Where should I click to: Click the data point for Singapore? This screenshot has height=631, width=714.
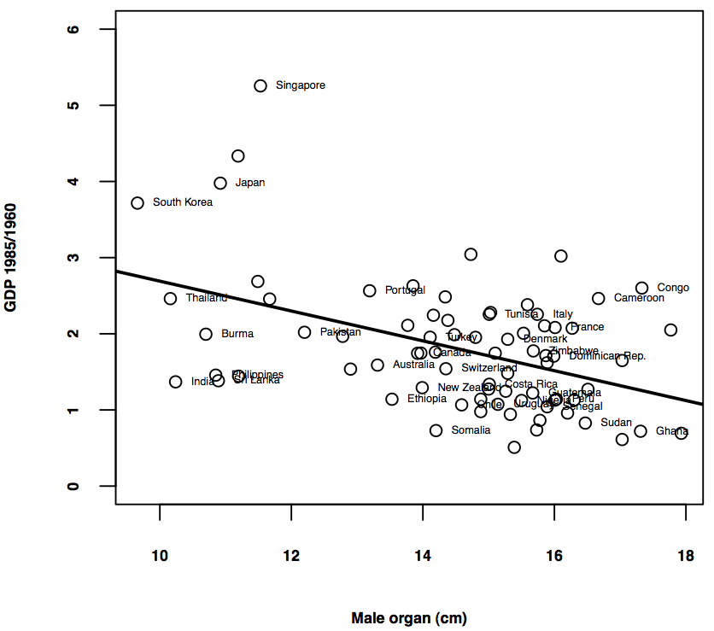pyautogui.click(x=260, y=85)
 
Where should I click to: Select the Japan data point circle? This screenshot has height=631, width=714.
pyautogui.click(x=220, y=183)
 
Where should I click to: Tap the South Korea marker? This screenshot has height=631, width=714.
pyautogui.click(x=138, y=202)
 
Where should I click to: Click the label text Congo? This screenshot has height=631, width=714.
pyautogui.click(x=673, y=288)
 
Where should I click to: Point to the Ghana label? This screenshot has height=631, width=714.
pyautogui.click(x=671, y=431)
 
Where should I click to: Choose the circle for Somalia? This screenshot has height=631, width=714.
pyautogui.click(x=436, y=430)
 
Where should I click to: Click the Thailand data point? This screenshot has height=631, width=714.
pyautogui.click(x=170, y=298)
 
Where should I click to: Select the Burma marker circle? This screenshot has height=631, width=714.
pyautogui.click(x=206, y=334)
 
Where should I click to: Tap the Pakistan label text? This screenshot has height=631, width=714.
pyautogui.click(x=340, y=332)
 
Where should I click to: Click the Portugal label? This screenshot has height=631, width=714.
pyautogui.click(x=405, y=290)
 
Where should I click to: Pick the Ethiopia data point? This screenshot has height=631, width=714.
pyautogui.click(x=392, y=399)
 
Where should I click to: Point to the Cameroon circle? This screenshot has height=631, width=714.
pyautogui.click(x=599, y=298)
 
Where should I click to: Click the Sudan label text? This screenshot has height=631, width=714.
pyautogui.click(x=616, y=423)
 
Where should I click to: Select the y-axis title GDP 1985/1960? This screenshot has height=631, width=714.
pyautogui.click(x=11, y=258)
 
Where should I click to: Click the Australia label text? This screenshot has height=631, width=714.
pyautogui.click(x=413, y=365)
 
